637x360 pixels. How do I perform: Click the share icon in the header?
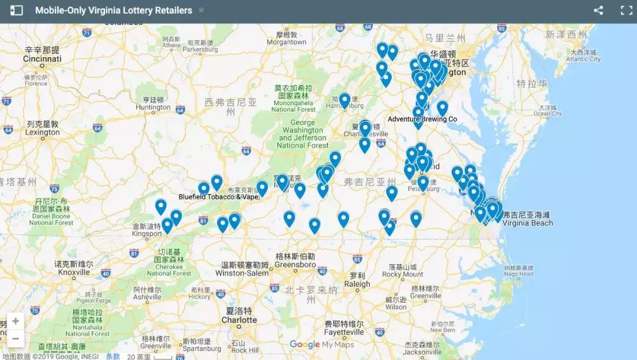(598, 11)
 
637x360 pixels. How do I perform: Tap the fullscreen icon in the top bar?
(626, 11)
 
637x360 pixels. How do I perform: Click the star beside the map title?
(202, 11)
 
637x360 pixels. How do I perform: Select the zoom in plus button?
(15, 322)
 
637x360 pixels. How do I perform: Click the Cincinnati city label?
(42, 59)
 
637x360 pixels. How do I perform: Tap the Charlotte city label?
(239, 320)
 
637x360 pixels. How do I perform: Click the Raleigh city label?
(357, 284)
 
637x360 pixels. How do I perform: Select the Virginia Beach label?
(528, 223)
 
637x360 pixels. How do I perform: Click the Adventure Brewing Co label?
(422, 119)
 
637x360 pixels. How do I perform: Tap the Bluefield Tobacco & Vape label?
(219, 197)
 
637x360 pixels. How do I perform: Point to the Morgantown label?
(287, 42)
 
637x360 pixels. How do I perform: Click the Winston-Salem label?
(242, 273)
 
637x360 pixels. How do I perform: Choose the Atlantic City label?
(583, 59)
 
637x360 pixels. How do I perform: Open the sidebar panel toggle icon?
(17, 11)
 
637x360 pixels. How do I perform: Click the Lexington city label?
(42, 133)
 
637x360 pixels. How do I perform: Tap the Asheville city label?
(147, 297)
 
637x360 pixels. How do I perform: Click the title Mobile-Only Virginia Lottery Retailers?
(113, 11)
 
